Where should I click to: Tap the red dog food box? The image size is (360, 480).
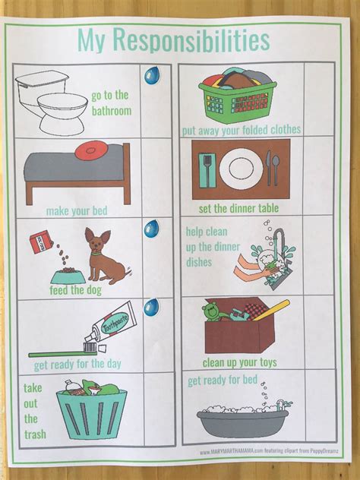click(38, 242)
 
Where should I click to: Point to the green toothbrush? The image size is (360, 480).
click(62, 350)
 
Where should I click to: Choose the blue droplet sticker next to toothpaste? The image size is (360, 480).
click(152, 308)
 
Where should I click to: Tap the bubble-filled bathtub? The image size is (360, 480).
click(242, 417)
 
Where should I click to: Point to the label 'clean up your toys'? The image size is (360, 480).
click(238, 362)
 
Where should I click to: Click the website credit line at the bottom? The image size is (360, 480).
click(270, 452)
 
